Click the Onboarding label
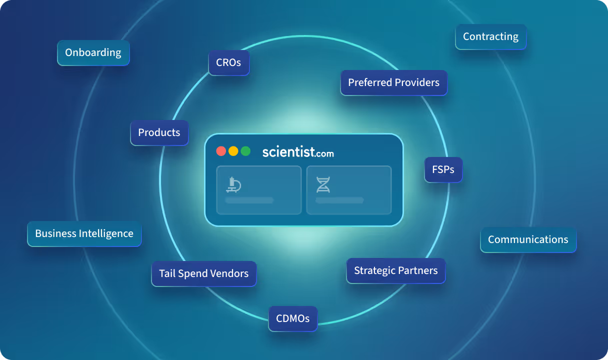(93, 53)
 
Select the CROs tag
(229, 62)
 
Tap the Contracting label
(490, 36)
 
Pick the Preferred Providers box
(394, 82)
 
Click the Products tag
(159, 133)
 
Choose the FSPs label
(443, 169)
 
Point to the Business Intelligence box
(84, 234)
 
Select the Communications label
(528, 239)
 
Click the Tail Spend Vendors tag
(204, 273)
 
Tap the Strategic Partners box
(396, 270)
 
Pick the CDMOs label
(293, 318)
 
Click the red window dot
(221, 151)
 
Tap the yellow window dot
(233, 151)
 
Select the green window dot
(245, 151)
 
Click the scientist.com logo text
(298, 152)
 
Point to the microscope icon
(233, 184)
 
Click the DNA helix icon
(323, 184)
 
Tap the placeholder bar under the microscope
(249, 200)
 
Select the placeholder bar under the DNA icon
(339, 200)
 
